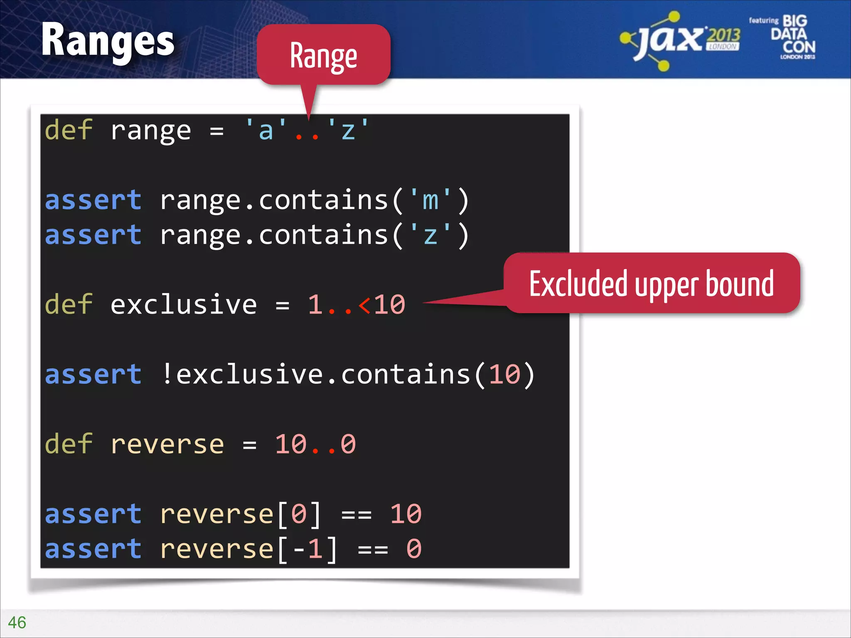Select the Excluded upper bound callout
click(651, 284)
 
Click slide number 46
click(17, 623)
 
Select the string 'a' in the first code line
click(266, 130)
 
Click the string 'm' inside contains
click(430, 200)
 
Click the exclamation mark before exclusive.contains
click(167, 374)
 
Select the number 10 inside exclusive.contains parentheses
click(504, 374)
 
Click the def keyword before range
click(69, 130)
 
